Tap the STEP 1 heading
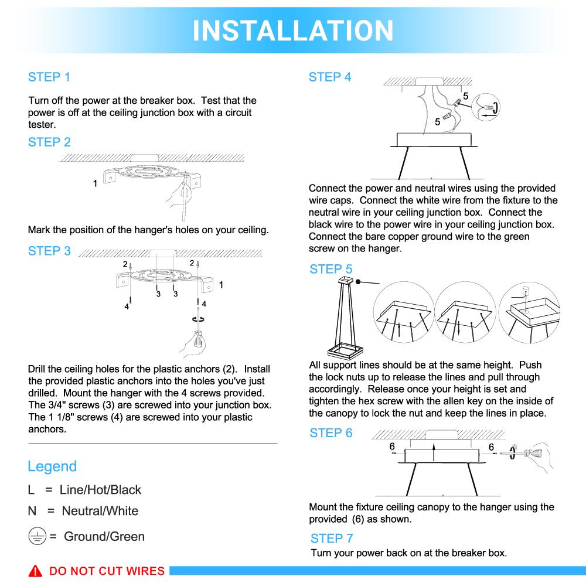pyautogui.click(x=49, y=77)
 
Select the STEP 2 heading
pyautogui.click(x=49, y=142)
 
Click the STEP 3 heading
pyautogui.click(x=49, y=251)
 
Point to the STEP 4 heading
pyautogui.click(x=330, y=77)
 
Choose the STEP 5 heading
pyautogui.click(x=331, y=270)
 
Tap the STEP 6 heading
pyautogui.click(x=331, y=434)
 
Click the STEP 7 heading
pyautogui.click(x=332, y=539)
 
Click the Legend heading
pyautogui.click(x=52, y=466)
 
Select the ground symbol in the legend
pyautogui.click(x=36, y=537)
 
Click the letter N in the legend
pyautogui.click(x=32, y=511)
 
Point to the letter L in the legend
pyautogui.click(x=31, y=490)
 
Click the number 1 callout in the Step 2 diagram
pyautogui.click(x=95, y=184)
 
